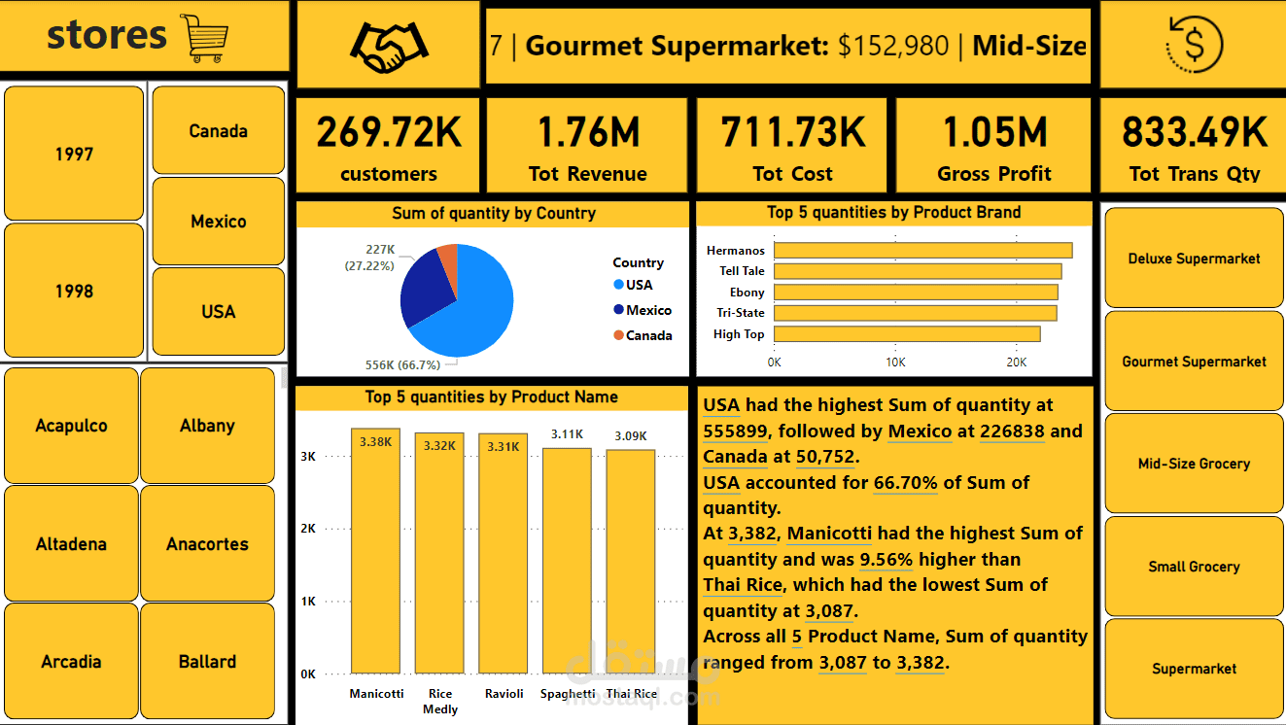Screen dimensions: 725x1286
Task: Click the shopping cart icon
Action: [204, 39]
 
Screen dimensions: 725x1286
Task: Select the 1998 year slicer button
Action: [74, 291]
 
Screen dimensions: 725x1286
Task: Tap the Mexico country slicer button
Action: [219, 222]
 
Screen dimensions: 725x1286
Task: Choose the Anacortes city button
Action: [207, 544]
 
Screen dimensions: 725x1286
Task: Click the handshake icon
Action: [388, 46]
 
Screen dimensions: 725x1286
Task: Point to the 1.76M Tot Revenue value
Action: [588, 132]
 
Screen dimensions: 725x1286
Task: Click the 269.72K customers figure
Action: [389, 132]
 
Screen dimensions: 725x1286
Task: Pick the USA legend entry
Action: [639, 285]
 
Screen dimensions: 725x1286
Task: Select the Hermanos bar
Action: [922, 251]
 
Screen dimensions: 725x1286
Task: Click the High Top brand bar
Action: [907, 334]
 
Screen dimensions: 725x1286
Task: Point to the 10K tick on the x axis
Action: [895, 362]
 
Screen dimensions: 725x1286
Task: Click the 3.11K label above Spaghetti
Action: [567, 434]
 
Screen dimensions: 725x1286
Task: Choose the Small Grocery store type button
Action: [1194, 567]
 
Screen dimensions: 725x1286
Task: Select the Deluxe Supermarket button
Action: [1194, 259]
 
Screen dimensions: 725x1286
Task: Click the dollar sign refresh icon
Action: [1194, 45]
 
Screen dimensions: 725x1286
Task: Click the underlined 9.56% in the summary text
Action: [886, 560]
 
